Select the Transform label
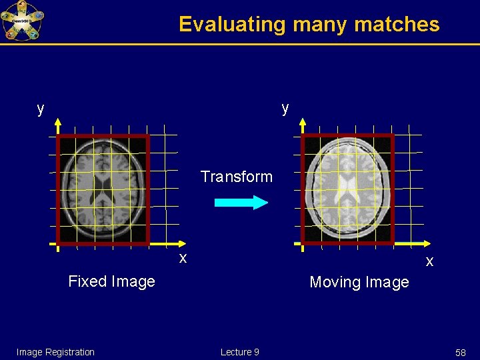pos(237,177)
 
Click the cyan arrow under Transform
pos(241,202)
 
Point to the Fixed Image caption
pos(111,281)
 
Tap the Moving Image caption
pos(359,282)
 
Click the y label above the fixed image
pos(41,109)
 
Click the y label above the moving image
pos(285,108)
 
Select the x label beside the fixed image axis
pos(182,257)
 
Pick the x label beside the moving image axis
pos(429,261)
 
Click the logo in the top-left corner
pos(21,21)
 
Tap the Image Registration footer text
pos(55,352)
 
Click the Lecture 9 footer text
pos(240,352)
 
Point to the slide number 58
pos(460,352)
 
